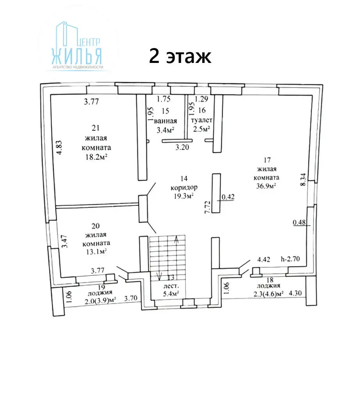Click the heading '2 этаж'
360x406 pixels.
[180, 56]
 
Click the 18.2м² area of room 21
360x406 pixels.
[96, 157]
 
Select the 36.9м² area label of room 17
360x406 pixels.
[266, 186]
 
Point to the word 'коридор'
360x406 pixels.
[184, 187]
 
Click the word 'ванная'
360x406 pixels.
[166, 121]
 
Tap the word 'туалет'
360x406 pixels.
[201, 120]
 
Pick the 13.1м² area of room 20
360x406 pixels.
[96, 251]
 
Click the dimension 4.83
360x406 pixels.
[59, 148]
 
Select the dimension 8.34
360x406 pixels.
[303, 179]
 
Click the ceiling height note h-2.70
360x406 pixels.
[290, 259]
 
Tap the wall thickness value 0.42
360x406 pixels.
[228, 197]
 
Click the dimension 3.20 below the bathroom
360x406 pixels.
[182, 147]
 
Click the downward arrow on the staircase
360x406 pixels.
[159, 276]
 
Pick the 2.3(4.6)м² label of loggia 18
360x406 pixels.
[269, 294]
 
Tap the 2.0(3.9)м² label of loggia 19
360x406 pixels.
[100, 300]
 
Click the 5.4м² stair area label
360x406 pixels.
[171, 294]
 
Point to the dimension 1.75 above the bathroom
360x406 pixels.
[164, 98]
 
